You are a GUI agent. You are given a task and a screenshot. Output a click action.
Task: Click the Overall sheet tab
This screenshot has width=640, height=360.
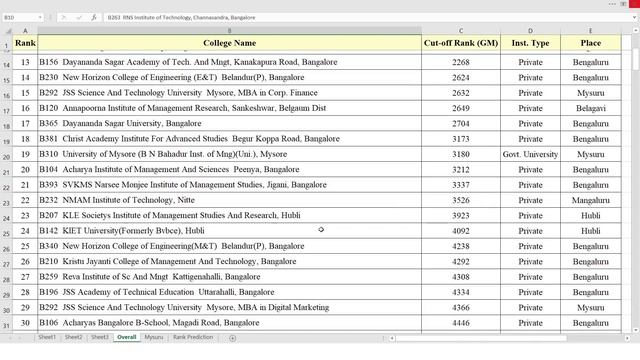(126, 338)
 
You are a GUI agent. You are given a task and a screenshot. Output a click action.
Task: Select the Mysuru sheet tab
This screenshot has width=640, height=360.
(154, 338)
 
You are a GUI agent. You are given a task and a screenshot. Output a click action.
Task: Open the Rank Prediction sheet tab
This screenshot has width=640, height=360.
(193, 338)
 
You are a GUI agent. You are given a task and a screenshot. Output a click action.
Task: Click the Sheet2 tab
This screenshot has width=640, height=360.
(73, 338)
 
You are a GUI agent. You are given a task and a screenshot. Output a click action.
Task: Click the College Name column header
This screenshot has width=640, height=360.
(229, 43)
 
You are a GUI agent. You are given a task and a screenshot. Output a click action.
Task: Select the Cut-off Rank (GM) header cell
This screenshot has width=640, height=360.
(461, 43)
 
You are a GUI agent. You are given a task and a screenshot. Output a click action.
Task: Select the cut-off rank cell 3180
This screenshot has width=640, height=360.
(461, 155)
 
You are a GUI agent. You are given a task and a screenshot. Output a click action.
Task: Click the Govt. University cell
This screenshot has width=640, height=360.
(530, 155)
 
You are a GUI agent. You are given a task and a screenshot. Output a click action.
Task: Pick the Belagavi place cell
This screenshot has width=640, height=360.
(590, 108)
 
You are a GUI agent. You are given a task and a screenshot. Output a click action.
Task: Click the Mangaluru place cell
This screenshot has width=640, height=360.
(590, 200)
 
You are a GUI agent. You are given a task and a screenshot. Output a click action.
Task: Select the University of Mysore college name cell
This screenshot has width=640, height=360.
(162, 155)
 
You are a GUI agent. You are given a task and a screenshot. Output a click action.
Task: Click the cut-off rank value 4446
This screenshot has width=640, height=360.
(461, 323)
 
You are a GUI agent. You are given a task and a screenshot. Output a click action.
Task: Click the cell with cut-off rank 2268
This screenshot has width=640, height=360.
(461, 62)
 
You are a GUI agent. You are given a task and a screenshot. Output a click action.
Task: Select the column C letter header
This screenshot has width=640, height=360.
(461, 31)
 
